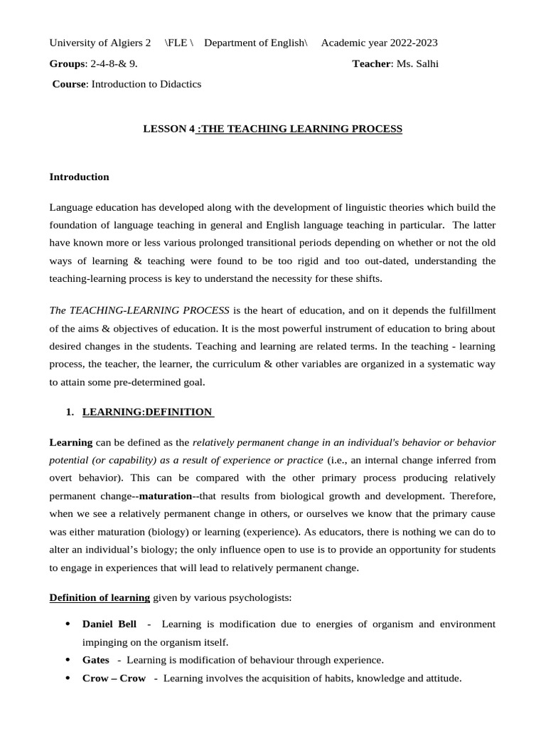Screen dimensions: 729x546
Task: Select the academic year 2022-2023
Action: point(410,43)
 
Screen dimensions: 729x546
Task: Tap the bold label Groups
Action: point(66,63)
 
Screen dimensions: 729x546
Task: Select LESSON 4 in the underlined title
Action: point(168,129)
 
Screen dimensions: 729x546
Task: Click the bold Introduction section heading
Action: point(79,177)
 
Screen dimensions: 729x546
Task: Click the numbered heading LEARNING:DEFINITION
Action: point(147,411)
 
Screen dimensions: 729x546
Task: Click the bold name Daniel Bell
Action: point(109,624)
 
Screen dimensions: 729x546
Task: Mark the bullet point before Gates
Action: point(67,660)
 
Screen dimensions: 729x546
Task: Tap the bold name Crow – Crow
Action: point(114,678)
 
